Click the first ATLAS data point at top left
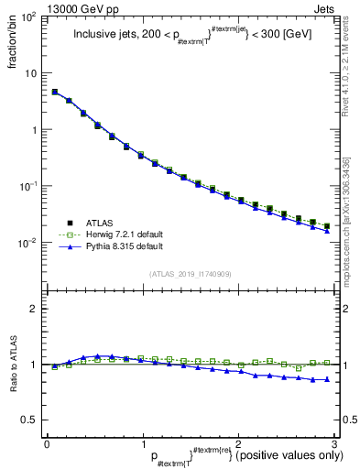(x=55, y=92)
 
